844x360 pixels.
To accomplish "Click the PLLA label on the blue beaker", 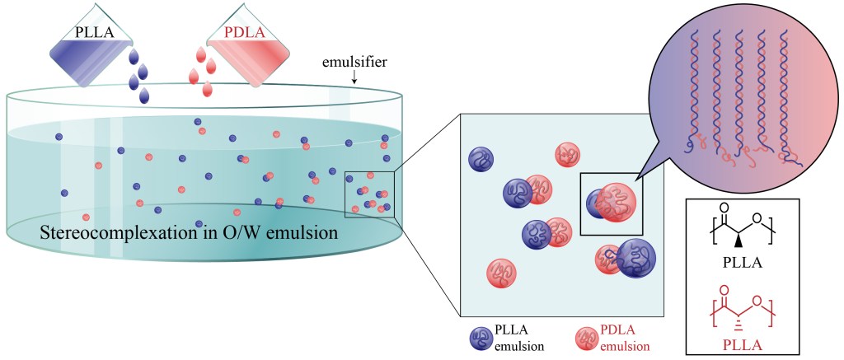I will (92, 35).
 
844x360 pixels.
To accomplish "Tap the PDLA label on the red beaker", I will (245, 34).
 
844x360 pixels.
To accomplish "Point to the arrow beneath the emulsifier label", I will (354, 77).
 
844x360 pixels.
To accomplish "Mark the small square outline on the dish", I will (370, 194).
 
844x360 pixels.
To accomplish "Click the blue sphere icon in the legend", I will (481, 338).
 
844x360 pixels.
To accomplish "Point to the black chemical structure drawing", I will (743, 222).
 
